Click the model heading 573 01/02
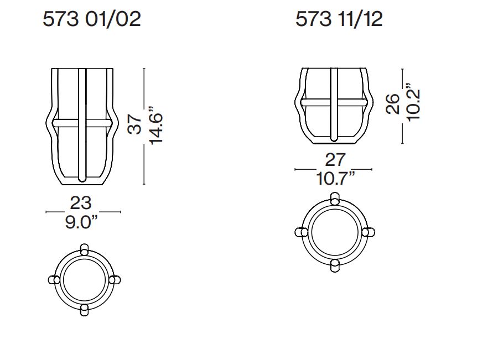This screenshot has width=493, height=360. coord(92,19)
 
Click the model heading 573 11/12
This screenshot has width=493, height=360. coord(339,19)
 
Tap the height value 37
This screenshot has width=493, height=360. coord(135,124)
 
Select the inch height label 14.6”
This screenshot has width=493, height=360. coord(156,126)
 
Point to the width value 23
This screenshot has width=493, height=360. coord(81,202)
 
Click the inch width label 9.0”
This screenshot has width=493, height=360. coord(81,222)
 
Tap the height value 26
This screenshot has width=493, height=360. coord(393,103)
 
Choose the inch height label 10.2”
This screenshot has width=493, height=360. coord(413,102)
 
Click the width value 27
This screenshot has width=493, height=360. coord(335,160)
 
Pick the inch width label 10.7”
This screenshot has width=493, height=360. coord(335,179)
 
